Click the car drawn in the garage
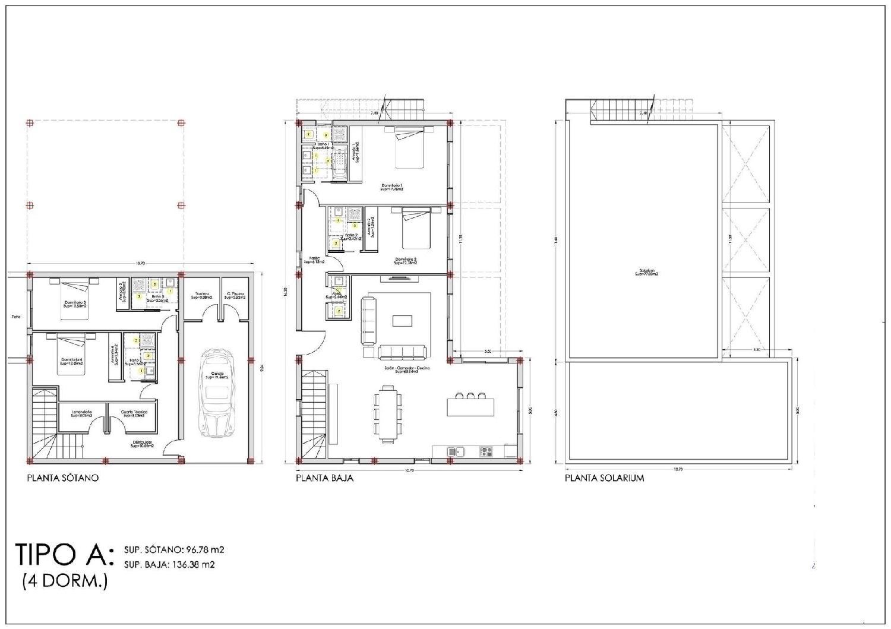pyautogui.click(x=216, y=393)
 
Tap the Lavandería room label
pyautogui.click(x=82, y=413)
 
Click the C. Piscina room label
pyautogui.click(x=236, y=295)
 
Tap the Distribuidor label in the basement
pyautogui.click(x=143, y=444)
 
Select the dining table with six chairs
pyautogui.click(x=388, y=413)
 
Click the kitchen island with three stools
pyautogui.click(x=470, y=406)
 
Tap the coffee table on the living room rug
pyautogui.click(x=401, y=321)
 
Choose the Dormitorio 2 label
pyautogui.click(x=406, y=260)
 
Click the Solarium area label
pyautogui.click(x=646, y=273)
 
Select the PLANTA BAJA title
pyautogui.click(x=324, y=478)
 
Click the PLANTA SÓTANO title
pyautogui.click(x=63, y=478)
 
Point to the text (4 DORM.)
pyautogui.click(x=65, y=581)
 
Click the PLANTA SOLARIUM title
pyautogui.click(x=604, y=478)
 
